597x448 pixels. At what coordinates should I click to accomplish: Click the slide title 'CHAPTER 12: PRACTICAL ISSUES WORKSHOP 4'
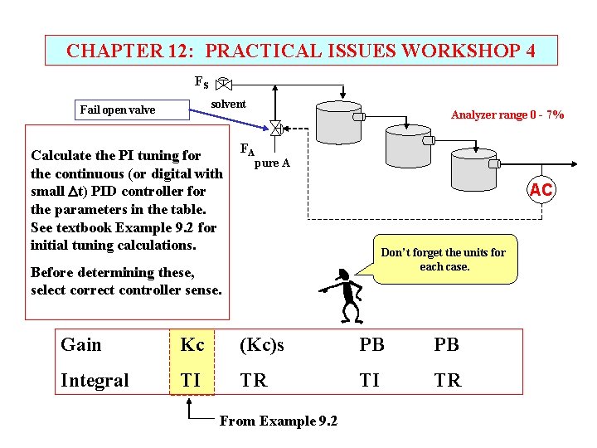300,51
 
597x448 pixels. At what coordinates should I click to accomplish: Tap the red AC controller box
541,190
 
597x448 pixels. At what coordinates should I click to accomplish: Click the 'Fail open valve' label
117,110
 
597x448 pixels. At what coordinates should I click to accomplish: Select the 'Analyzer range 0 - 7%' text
507,115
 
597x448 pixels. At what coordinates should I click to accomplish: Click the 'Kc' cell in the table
192,345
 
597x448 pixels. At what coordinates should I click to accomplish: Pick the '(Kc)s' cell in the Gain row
261,345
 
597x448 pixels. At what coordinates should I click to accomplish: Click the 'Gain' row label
81,345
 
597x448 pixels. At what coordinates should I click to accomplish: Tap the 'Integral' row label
95,381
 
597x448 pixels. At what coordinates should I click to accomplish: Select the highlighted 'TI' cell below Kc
191,381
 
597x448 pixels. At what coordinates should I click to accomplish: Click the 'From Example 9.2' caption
278,421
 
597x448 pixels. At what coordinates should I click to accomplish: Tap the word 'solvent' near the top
228,104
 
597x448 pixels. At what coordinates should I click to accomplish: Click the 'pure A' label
272,163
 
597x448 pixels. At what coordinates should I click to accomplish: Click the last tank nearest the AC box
473,172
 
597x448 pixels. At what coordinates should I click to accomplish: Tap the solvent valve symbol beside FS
224,84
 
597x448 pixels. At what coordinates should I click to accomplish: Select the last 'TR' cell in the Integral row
448,381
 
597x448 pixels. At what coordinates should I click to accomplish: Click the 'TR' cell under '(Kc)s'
254,381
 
